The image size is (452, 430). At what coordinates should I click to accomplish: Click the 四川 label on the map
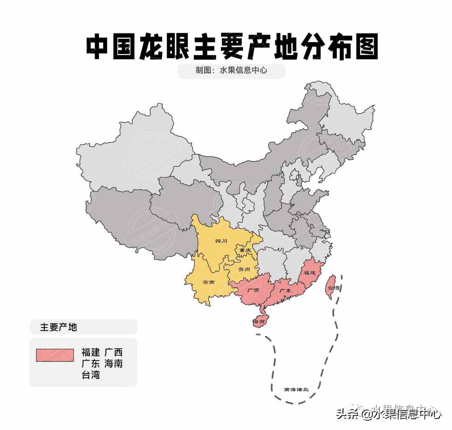pos(221,241)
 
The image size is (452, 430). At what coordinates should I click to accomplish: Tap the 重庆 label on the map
pos(245,251)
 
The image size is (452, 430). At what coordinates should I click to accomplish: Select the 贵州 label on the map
pos(244,269)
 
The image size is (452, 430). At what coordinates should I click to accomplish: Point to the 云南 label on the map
pos(209,282)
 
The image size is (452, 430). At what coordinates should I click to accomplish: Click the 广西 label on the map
pos(253,290)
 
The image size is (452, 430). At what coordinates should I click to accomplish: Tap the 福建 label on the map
pos(310,272)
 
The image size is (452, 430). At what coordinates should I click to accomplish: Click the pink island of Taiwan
pos(331,285)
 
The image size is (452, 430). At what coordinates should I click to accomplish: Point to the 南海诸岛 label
pos(296,389)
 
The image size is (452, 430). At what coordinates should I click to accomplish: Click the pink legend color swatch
pos(55,355)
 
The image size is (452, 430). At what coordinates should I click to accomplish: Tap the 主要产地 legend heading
pos(58,327)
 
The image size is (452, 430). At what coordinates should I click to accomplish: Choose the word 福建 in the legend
pos(90,352)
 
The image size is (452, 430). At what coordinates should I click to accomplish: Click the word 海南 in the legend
pos(114,363)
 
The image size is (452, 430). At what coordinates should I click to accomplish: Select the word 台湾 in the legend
pos(90,375)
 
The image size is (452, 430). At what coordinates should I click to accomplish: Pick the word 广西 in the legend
pos(114,352)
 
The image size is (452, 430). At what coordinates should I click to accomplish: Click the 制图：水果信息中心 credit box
pos(231,71)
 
